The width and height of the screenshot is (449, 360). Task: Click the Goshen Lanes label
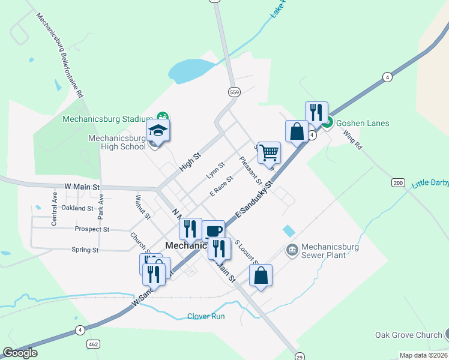tap(363, 123)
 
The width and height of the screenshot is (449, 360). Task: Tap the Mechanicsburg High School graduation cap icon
tap(158, 130)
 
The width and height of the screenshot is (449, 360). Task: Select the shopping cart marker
tap(269, 152)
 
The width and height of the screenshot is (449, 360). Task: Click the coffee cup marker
tap(213, 231)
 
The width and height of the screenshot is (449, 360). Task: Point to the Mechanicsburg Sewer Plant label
tap(330, 251)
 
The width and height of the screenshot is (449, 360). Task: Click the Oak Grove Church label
tap(408, 335)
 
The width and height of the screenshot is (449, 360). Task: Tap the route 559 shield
tap(234, 92)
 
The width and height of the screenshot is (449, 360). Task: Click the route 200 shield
tap(397, 182)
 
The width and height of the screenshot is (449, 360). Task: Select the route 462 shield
tap(92, 344)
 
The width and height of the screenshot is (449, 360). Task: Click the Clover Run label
tap(206, 316)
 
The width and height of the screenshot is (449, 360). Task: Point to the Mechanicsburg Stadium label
tap(109, 119)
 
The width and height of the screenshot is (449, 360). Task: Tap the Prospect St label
tap(92, 229)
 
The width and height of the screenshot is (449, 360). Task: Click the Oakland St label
tap(77, 208)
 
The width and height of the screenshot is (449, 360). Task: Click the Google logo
tap(20, 353)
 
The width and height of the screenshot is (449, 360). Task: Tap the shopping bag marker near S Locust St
tap(261, 276)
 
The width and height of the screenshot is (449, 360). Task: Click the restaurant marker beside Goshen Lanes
tap(316, 112)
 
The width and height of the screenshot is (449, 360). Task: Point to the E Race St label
tap(221, 186)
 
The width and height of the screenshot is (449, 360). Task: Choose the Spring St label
tap(85, 250)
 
